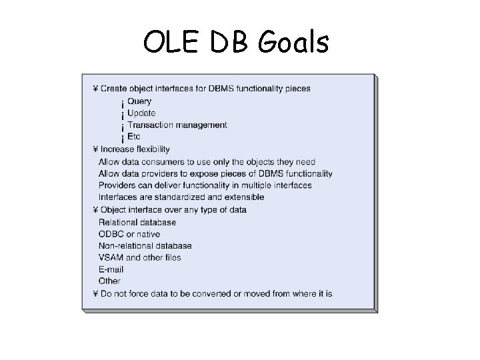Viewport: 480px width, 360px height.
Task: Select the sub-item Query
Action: (x=139, y=101)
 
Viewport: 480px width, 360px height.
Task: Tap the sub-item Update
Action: (x=141, y=113)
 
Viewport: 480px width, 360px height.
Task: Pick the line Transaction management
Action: (x=177, y=125)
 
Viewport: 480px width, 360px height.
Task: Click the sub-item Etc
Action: (x=133, y=137)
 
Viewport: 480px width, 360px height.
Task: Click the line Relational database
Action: (x=137, y=222)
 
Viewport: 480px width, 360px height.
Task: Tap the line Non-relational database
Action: (x=145, y=246)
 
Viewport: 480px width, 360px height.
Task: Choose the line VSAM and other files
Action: (x=139, y=258)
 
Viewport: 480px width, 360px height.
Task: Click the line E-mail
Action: (x=111, y=270)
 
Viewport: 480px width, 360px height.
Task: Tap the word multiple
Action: (x=253, y=185)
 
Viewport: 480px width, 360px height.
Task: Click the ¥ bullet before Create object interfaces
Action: (x=95, y=89)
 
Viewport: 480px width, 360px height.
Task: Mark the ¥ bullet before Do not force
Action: (x=95, y=294)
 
